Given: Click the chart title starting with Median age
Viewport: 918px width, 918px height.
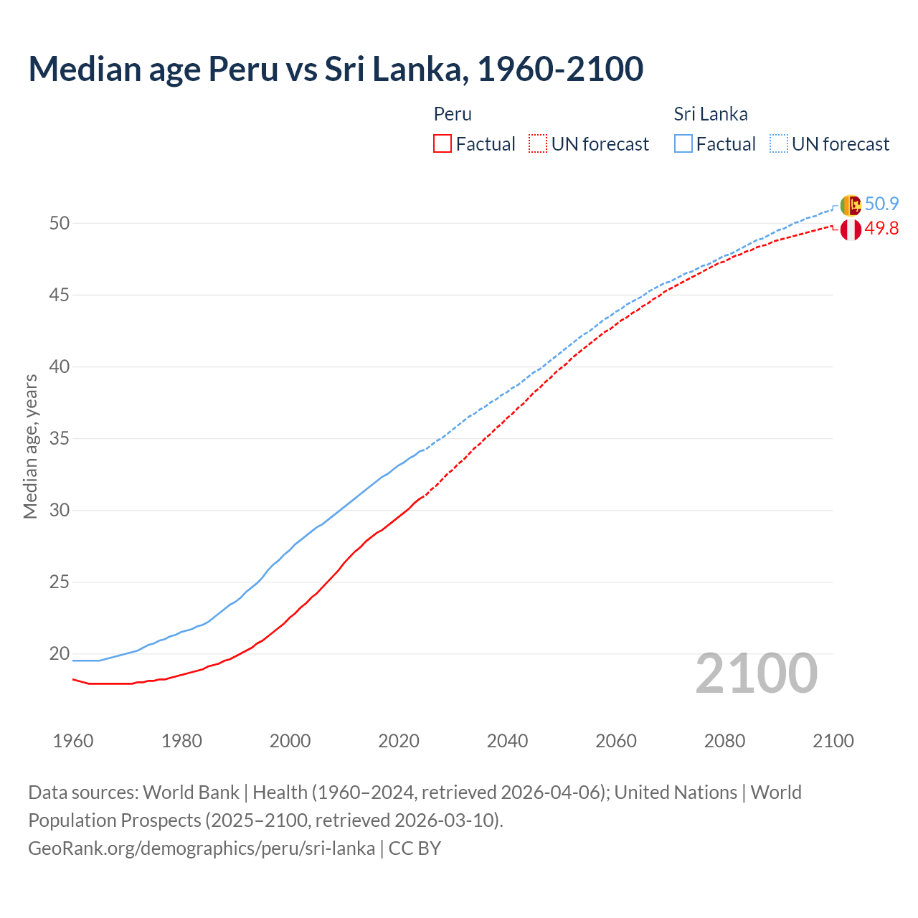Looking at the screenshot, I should (336, 69).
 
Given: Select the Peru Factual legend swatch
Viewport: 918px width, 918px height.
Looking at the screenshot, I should (443, 144).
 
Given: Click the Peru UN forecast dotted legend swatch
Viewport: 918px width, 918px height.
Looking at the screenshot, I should (538, 144).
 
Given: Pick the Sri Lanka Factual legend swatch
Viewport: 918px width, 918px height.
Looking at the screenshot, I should (683, 144).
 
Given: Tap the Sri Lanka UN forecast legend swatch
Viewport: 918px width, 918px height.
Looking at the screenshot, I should (779, 144).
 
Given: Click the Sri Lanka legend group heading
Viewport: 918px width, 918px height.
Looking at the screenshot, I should (710, 114).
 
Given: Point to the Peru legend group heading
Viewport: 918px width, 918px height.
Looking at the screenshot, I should (453, 114).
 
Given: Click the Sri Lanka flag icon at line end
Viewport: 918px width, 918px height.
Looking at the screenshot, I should (850, 205).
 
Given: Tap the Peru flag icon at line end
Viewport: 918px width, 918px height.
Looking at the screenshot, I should (851, 230).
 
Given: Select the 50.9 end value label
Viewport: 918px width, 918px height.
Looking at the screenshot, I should (881, 204).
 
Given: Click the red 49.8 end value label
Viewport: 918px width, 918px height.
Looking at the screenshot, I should (881, 229).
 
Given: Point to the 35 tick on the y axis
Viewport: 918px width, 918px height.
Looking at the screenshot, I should (60, 438).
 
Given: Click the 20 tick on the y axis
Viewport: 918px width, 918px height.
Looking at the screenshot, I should (60, 653).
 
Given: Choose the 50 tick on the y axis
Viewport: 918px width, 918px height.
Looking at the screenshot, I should (60, 223).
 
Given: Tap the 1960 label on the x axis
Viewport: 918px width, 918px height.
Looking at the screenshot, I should (73, 741).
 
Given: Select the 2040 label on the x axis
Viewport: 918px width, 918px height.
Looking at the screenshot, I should (507, 741).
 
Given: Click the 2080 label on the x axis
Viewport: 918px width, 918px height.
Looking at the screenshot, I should (724, 741).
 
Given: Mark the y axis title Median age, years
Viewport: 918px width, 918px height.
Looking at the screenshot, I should (31, 446).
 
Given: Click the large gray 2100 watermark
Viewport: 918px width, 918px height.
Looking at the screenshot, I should (756, 673).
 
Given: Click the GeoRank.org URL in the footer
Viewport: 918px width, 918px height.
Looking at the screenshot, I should (202, 848).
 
